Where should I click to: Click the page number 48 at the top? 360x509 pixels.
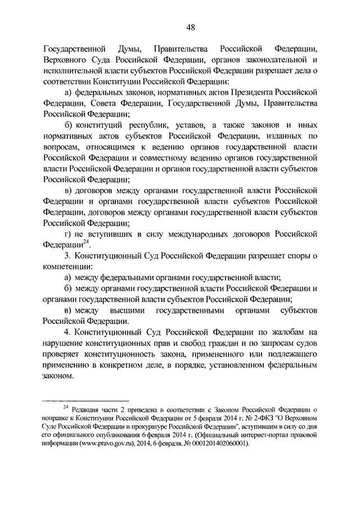(180, 26)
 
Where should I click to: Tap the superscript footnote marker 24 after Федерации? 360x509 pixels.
(86, 242)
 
